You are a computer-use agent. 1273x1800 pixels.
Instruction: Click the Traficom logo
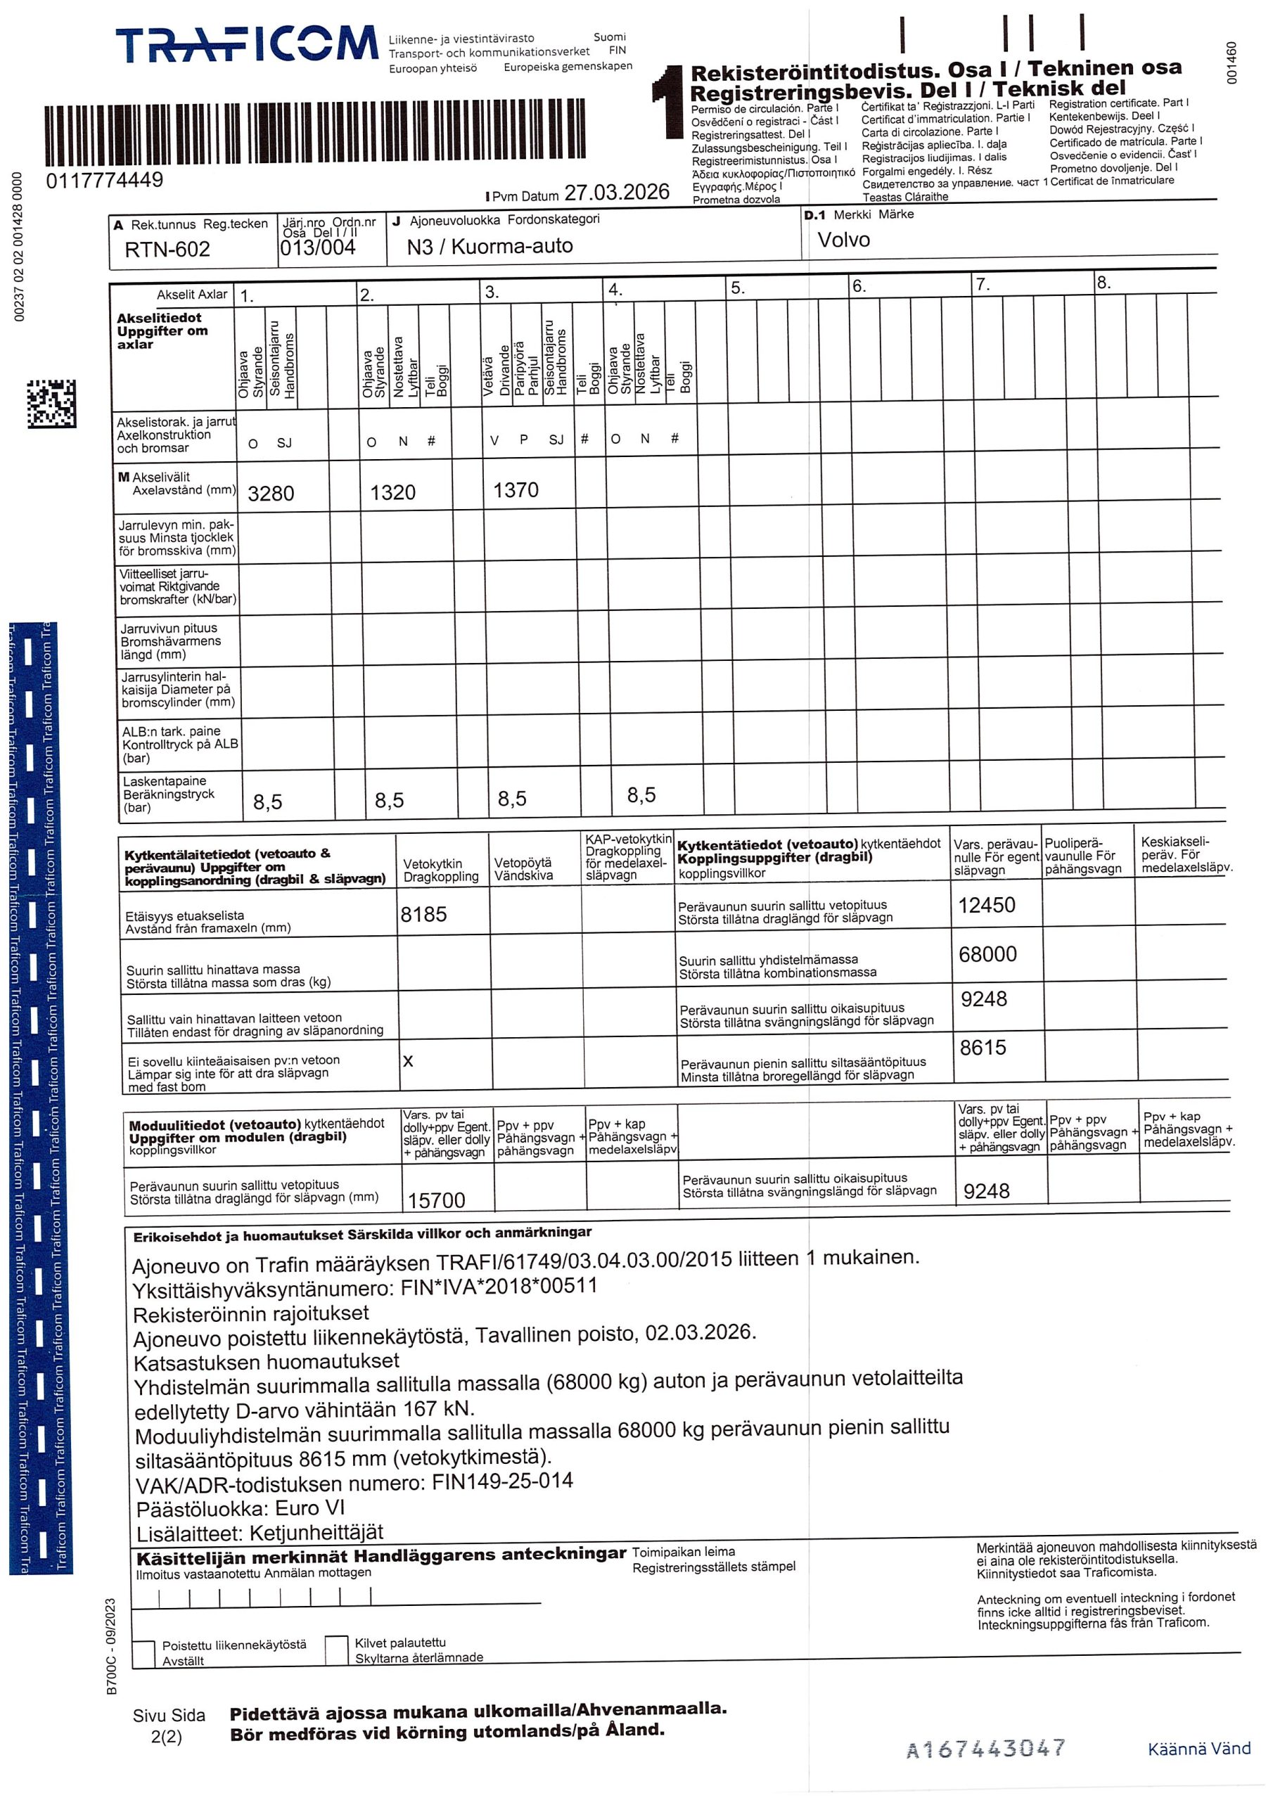[246, 45]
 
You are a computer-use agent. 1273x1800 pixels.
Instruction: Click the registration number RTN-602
[167, 250]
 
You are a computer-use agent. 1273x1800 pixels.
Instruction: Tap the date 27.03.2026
[617, 193]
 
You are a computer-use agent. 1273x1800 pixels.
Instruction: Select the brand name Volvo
[843, 240]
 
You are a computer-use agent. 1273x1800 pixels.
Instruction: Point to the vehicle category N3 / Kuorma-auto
[490, 246]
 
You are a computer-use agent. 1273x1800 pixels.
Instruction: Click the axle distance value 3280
[271, 493]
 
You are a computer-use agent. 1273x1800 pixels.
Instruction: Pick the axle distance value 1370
[516, 491]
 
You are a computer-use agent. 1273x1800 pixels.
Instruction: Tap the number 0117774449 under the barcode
[104, 180]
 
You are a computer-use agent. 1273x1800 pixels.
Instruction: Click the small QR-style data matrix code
[52, 404]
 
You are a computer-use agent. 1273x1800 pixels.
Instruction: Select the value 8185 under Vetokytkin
[423, 914]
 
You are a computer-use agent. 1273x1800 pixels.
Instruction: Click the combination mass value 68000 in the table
[987, 954]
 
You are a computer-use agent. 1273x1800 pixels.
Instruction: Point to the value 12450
[986, 906]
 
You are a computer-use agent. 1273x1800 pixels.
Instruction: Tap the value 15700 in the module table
[436, 1200]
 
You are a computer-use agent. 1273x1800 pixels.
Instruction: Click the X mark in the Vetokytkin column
[408, 1061]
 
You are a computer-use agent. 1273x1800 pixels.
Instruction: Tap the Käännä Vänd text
[1198, 1749]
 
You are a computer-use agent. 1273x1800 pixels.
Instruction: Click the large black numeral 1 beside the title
[669, 102]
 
